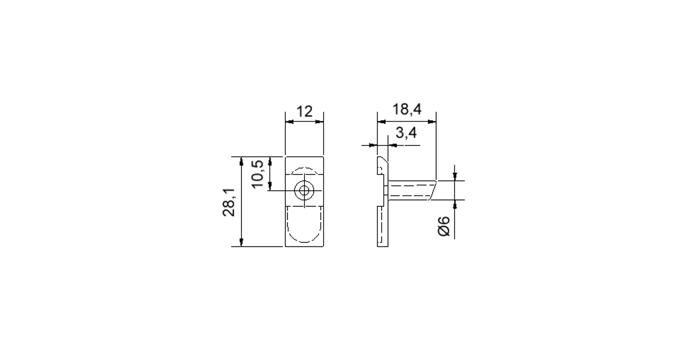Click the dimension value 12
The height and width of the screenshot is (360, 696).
(x=304, y=111)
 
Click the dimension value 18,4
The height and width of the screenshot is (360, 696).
(x=407, y=110)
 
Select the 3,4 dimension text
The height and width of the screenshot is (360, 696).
(x=406, y=133)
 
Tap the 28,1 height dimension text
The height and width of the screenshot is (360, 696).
(x=229, y=202)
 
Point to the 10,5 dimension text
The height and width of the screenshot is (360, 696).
(x=257, y=174)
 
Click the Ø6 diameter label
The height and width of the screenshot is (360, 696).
(x=444, y=226)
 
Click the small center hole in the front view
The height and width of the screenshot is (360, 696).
(x=304, y=191)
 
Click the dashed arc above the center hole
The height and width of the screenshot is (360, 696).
(x=304, y=170)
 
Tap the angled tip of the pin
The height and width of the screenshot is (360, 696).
(x=433, y=190)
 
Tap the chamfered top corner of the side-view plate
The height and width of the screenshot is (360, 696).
(x=383, y=160)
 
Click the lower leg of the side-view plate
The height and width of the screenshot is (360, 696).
(x=382, y=226)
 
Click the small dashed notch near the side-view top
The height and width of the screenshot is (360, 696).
(x=380, y=171)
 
